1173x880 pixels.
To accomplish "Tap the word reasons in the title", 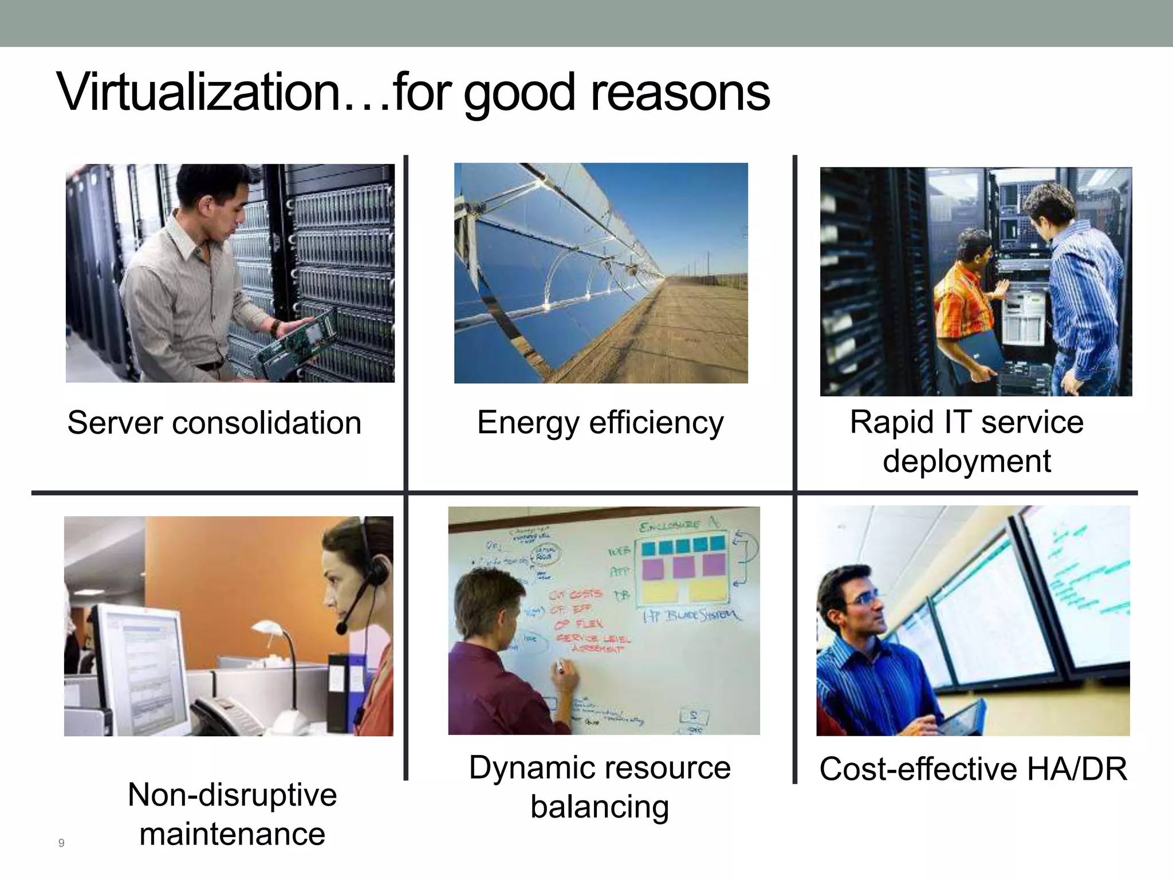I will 680,93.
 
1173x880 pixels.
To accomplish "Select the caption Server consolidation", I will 214,423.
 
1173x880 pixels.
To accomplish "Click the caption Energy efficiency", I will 600,423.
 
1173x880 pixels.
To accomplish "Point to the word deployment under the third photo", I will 967,461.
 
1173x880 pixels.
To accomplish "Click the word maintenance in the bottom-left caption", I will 232,834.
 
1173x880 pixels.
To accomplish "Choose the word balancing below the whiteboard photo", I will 600,807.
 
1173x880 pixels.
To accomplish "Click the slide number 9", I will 61,843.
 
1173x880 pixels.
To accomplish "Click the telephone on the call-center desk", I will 229,716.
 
